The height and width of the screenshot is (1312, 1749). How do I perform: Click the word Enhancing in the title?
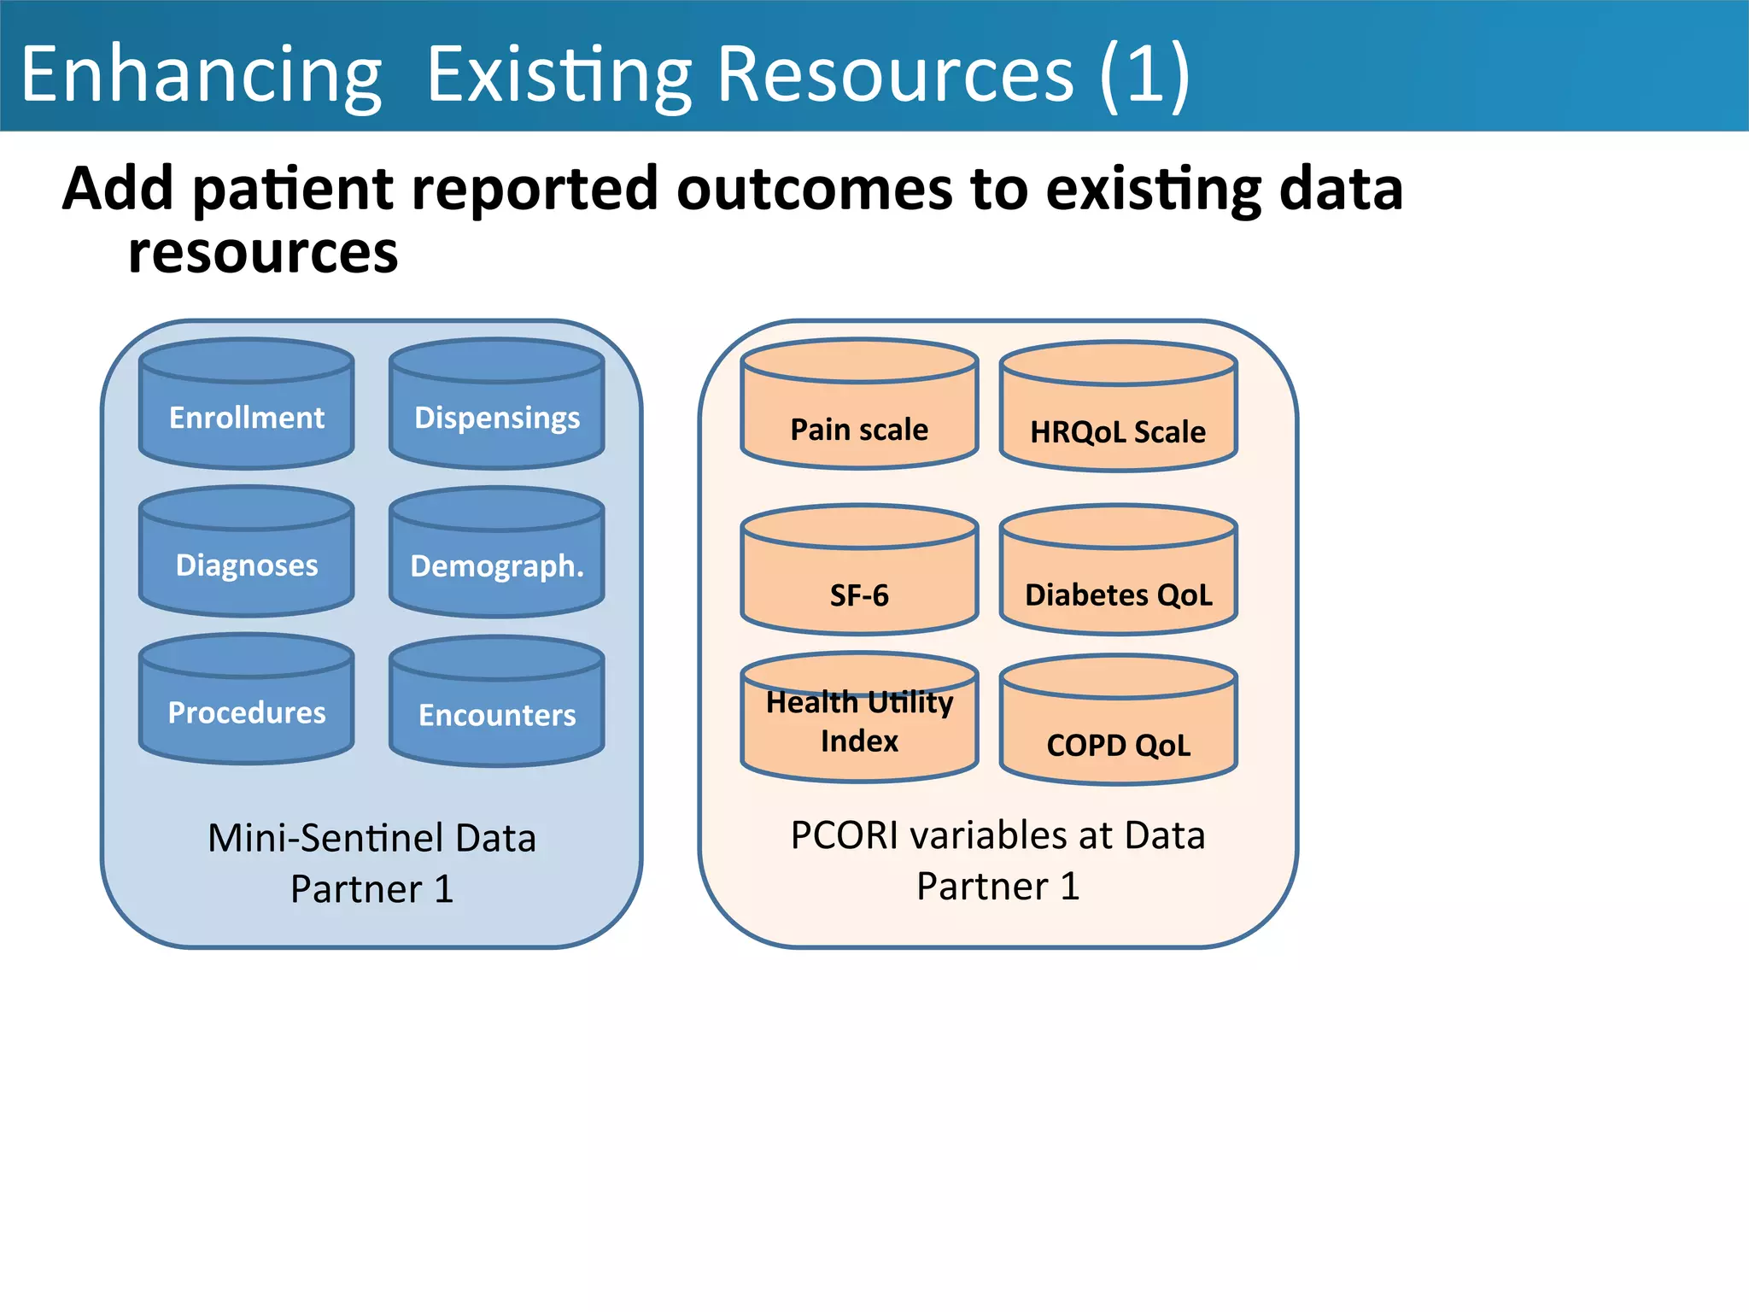coord(202,75)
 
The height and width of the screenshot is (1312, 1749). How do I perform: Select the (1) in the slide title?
coord(1144,75)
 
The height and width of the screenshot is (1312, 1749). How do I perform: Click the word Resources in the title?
coord(894,75)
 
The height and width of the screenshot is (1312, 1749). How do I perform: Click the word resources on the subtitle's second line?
coord(263,253)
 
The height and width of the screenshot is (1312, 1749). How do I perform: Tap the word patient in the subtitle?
coord(294,189)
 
